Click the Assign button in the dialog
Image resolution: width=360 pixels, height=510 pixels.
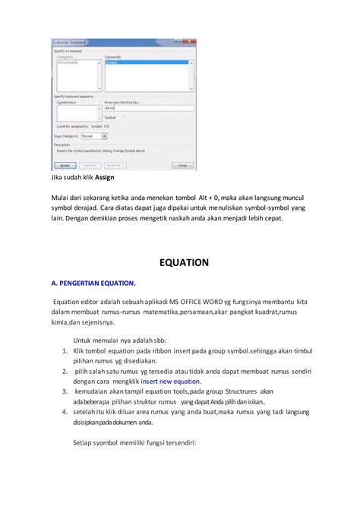(65, 164)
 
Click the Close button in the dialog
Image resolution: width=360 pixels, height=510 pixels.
(182, 164)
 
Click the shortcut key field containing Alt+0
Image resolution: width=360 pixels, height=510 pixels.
(148, 108)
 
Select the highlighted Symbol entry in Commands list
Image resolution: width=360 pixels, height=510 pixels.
(148, 63)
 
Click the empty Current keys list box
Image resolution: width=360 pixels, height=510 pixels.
(76, 112)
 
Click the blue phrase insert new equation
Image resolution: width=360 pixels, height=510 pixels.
(172, 382)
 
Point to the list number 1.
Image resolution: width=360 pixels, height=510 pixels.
(65, 351)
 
